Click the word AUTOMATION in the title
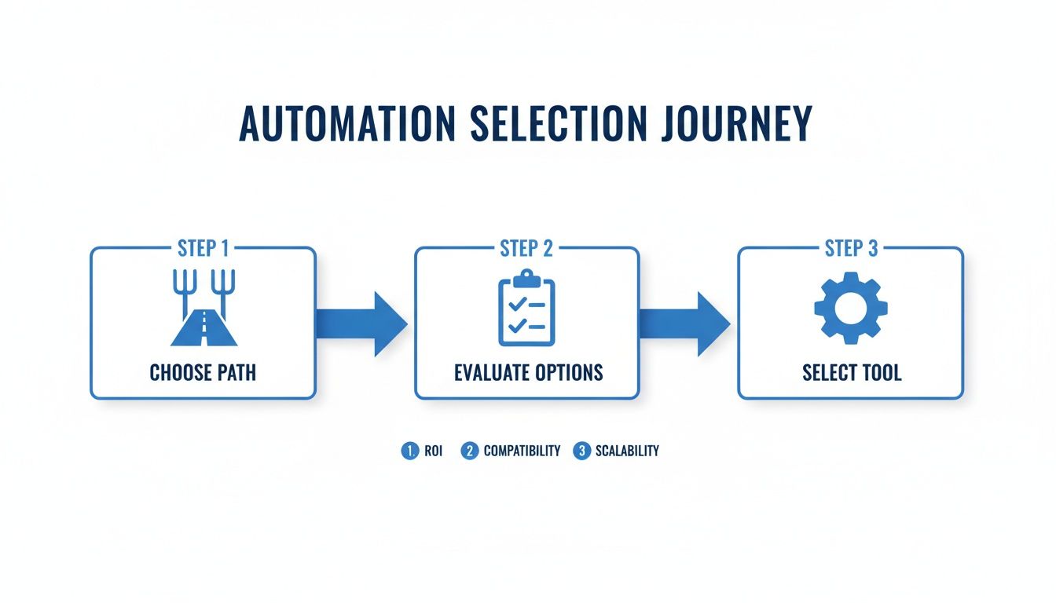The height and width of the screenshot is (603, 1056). pos(347,124)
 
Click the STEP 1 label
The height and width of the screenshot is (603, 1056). pos(203,249)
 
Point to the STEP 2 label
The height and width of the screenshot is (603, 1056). pos(526,249)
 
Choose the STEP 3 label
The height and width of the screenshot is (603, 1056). pos(851,249)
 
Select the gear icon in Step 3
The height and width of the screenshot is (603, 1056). pos(850,309)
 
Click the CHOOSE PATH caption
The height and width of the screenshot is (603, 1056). pos(203,372)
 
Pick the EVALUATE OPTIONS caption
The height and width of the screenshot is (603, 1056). pos(528,372)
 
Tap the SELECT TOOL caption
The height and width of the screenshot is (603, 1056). pos(852,372)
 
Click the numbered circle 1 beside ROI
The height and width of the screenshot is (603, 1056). pos(409,451)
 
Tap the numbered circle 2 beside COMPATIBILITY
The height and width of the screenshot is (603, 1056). pos(469,451)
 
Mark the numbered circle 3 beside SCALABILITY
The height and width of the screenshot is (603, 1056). pos(581,451)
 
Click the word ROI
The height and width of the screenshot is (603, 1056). pos(433,451)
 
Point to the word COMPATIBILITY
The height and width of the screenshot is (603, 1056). pos(522,451)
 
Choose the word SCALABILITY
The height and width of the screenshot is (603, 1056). pos(627,451)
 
